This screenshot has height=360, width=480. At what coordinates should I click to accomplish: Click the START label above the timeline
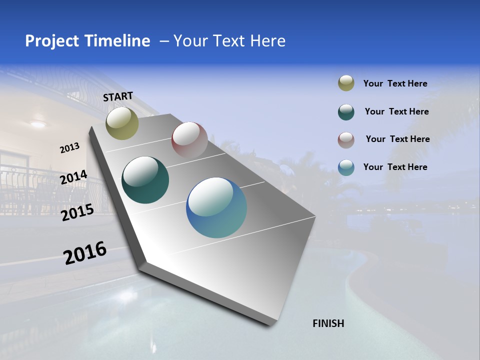point(118,96)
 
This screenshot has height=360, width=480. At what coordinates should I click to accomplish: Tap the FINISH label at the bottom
point(328,323)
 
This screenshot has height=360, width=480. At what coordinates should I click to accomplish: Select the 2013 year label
point(69,148)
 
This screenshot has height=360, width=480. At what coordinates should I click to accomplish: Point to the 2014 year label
point(73,177)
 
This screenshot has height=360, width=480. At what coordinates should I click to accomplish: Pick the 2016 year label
point(85,253)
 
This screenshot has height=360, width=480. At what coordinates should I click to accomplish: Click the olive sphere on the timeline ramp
point(122,123)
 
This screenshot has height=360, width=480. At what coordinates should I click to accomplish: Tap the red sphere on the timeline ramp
point(189,140)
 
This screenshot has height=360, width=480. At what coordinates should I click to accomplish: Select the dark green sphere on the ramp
point(145,180)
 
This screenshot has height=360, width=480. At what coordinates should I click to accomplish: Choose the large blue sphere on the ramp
point(216,207)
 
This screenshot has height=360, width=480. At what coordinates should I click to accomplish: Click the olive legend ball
point(346,83)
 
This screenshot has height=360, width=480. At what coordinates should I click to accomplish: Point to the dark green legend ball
point(346,112)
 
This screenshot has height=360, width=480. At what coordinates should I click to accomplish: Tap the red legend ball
point(346,139)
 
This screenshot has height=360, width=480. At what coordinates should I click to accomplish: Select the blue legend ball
point(346,167)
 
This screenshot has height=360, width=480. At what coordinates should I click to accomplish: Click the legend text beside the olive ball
point(395,84)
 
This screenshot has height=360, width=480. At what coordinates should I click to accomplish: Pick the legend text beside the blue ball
point(395,167)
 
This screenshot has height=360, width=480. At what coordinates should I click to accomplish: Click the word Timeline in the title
point(115,41)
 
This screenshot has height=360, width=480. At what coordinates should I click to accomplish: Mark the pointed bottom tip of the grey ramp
point(272,324)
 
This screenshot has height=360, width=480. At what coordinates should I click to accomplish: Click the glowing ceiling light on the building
point(37,123)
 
